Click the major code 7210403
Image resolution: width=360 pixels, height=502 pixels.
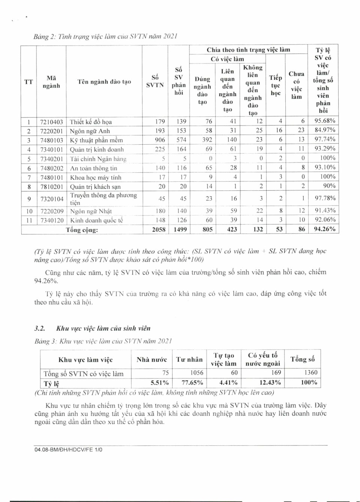[x=51, y=122]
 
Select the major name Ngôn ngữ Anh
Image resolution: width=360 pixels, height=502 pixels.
[x=90, y=131]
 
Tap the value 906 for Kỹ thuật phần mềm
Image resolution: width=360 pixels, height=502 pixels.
[x=160, y=140]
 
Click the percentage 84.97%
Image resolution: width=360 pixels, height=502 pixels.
[x=325, y=130]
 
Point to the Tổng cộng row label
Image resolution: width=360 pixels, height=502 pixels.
[x=82, y=230]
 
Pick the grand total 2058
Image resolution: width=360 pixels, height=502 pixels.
[x=159, y=229]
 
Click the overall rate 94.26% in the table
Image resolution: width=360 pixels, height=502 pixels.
[x=324, y=229]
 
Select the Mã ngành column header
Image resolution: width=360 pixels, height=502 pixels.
[x=51, y=82]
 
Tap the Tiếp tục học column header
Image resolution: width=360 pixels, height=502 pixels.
[x=275, y=85]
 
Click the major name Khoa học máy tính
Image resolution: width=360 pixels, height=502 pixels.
[x=96, y=177]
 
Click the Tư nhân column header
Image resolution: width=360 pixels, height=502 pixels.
[x=189, y=359]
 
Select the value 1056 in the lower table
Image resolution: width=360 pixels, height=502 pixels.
[x=196, y=373]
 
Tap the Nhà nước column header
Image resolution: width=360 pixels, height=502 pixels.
[x=151, y=359]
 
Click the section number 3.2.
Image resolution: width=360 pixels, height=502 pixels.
[x=40, y=328]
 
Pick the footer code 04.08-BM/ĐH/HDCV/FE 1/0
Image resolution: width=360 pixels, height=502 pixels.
[x=68, y=450]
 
